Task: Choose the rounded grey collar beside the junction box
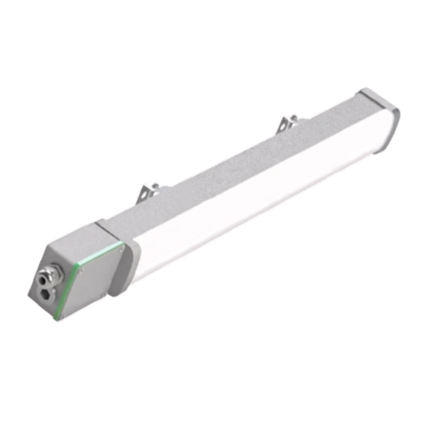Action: pyautogui.click(x=124, y=266)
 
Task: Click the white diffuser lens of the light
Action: pyautogui.click(x=255, y=202)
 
